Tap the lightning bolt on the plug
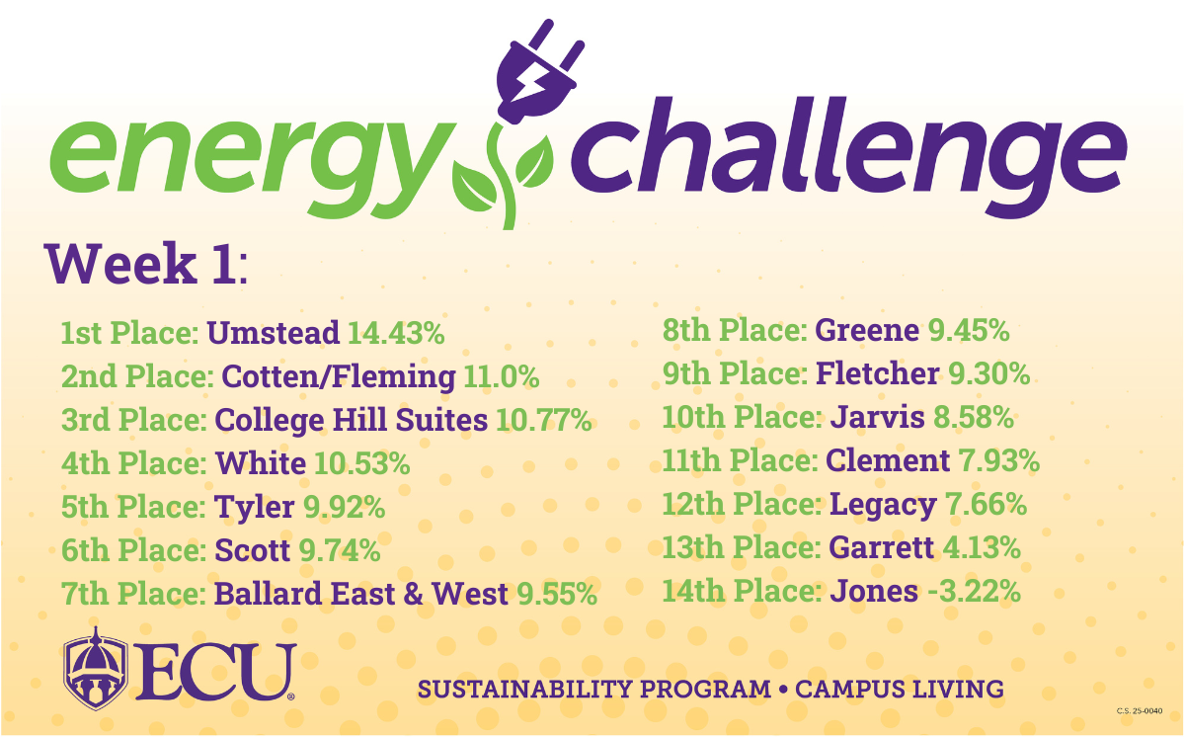531,84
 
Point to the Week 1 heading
146,264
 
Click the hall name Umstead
273,333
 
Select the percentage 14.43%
396,333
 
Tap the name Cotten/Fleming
338,376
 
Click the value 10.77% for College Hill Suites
544,420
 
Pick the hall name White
261,463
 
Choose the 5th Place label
133,507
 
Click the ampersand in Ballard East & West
413,594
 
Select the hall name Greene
867,331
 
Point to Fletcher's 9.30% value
989,373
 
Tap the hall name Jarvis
877,417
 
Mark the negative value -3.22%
975,591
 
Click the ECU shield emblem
95,669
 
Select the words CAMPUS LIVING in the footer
900,690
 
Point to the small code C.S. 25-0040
1140,711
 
